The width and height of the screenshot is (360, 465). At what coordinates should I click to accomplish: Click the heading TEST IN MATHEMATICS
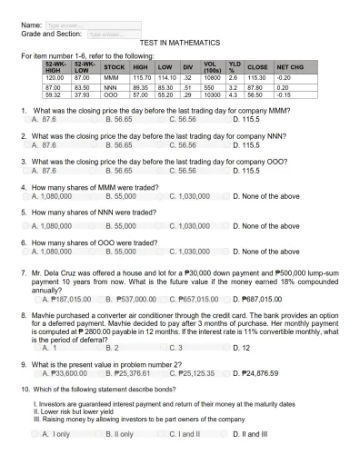[x=179, y=44]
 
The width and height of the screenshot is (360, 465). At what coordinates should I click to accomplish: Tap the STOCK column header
[x=115, y=66]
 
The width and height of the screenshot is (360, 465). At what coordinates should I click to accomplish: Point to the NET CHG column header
[x=290, y=66]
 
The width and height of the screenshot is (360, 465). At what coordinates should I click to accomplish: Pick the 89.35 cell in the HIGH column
[x=142, y=87]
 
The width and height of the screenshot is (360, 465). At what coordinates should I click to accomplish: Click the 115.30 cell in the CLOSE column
[x=255, y=79]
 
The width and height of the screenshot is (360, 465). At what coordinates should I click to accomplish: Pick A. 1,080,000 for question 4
[x=51, y=197]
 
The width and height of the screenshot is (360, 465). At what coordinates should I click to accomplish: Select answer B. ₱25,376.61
[x=127, y=371]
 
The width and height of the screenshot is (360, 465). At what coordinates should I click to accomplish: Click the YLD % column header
[x=233, y=66]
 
